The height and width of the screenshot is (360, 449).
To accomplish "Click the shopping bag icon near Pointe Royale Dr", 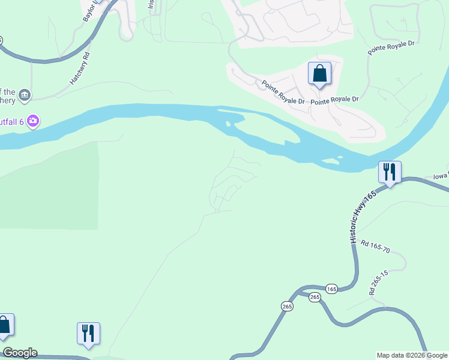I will click(x=320, y=74).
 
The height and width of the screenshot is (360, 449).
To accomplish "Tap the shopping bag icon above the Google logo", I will click(x=5, y=325).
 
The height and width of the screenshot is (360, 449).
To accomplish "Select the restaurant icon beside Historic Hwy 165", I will click(x=390, y=172).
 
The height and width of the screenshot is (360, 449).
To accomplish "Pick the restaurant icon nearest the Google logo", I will click(x=88, y=333).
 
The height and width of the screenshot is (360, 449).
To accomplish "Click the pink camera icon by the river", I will click(x=33, y=121).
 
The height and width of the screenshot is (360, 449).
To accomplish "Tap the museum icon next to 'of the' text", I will click(x=25, y=95).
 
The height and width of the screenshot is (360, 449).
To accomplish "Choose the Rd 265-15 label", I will click(x=378, y=281).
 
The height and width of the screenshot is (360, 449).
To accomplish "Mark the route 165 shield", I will click(x=331, y=289).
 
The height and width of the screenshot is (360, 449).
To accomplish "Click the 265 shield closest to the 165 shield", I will click(x=315, y=298).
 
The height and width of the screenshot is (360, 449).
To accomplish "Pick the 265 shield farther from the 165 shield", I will click(x=286, y=306).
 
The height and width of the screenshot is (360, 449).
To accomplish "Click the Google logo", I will click(x=20, y=353).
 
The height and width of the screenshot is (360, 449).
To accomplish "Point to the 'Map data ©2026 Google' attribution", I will click(x=412, y=355).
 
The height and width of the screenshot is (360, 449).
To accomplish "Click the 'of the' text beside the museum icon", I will click(x=7, y=92).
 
